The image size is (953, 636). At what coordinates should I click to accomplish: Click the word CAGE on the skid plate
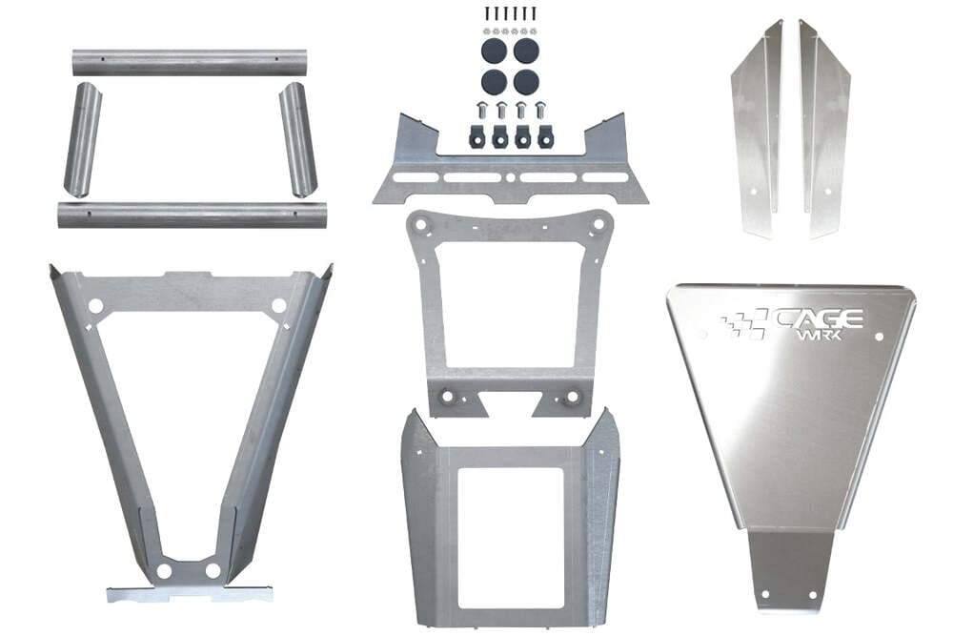pyautogui.click(x=820, y=318)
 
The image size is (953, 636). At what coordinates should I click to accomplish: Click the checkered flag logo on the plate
pyautogui.click(x=744, y=324)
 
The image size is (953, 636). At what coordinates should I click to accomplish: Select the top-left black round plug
pyautogui.click(x=493, y=50)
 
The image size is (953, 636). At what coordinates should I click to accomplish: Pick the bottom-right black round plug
pyautogui.click(x=525, y=80)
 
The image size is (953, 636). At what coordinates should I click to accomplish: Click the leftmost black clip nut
pyautogui.click(x=477, y=135)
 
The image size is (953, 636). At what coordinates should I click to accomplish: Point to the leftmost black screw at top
pyautogui.click(x=487, y=13)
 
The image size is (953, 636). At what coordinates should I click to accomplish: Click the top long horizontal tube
pyautogui.click(x=191, y=63)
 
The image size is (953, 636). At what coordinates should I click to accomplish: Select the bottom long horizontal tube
pyautogui.click(x=191, y=215)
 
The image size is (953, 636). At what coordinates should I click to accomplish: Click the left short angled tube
pyautogui.click(x=82, y=140)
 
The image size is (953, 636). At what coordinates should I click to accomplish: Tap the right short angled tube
pyautogui.click(x=297, y=140)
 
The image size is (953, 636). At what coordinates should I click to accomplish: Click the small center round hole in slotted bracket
pyautogui.click(x=511, y=177)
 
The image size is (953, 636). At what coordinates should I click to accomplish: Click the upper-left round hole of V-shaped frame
pyautogui.click(x=95, y=306)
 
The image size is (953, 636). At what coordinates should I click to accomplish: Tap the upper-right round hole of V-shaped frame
pyautogui.click(x=278, y=306)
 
